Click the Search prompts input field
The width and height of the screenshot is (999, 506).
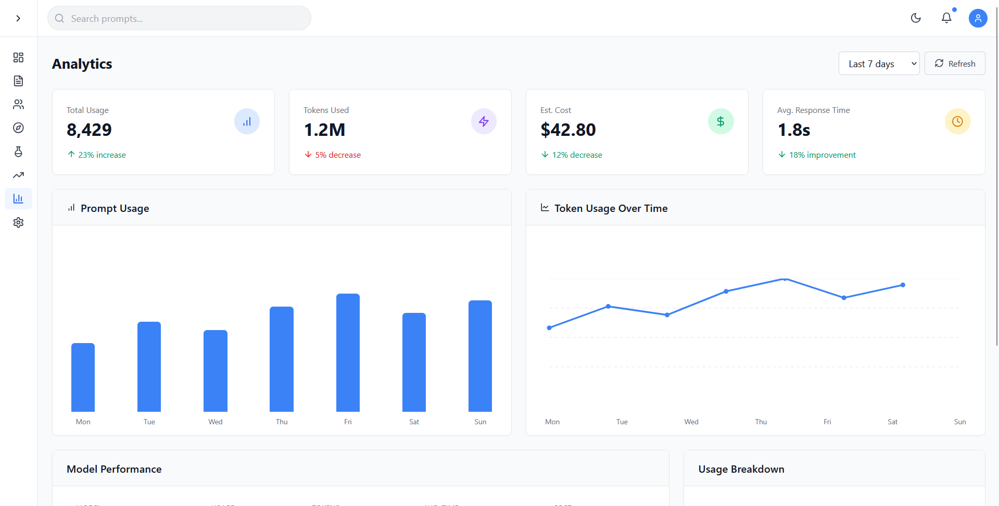pos(180,19)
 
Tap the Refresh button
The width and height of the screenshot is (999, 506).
pos(954,64)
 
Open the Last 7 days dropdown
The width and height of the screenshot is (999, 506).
pos(879,64)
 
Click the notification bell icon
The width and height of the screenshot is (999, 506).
pos(946,18)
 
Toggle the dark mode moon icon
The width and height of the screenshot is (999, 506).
pos(916,18)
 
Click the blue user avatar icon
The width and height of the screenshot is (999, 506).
pos(978,18)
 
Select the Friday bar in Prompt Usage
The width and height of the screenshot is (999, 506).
pos(348,352)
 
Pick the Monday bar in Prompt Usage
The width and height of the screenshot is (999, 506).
pos(83,377)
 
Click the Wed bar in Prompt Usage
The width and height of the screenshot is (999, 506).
pos(216,371)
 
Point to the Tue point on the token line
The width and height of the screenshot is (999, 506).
pos(608,307)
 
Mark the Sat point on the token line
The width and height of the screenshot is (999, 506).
pos(844,298)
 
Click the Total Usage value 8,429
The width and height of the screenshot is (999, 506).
pos(89,130)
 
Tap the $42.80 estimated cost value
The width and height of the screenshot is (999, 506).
pos(568,130)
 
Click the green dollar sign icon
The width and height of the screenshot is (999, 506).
pos(720,121)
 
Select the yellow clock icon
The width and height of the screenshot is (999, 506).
pos(957,121)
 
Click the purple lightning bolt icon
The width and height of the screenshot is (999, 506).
pos(484,121)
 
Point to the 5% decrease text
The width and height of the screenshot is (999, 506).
pos(338,155)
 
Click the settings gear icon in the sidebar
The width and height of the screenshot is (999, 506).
pos(18,223)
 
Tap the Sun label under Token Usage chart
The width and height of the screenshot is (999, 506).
pos(960,422)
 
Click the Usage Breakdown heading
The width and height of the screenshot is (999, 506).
pos(741,469)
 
